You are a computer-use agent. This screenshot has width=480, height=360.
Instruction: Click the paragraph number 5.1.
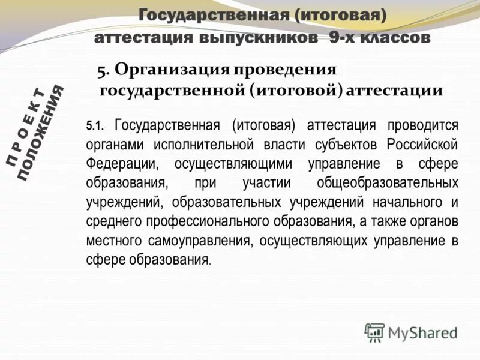tap(95, 126)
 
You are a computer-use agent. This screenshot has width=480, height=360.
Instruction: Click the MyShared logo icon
tap(374, 331)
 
